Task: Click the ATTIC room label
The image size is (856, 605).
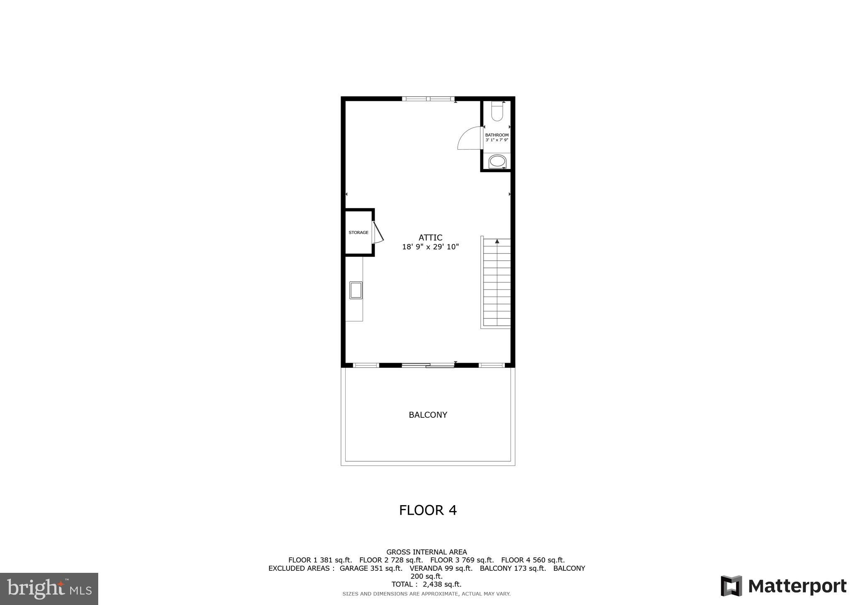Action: (430, 238)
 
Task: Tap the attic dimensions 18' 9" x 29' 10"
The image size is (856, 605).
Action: (430, 247)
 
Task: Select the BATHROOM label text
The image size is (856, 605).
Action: (497, 135)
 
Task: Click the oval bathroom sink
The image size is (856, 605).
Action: (497, 161)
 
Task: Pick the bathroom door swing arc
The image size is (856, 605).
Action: (469, 138)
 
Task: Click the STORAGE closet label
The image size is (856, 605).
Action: (359, 232)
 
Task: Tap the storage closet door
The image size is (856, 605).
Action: (377, 233)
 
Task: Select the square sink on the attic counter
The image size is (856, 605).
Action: (356, 290)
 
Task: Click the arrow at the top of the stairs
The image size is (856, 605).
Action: (497, 241)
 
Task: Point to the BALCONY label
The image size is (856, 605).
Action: (428, 415)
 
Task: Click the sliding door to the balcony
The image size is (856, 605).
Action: (428, 366)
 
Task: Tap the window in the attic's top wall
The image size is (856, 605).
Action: (428, 99)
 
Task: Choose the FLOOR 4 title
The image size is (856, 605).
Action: (428, 510)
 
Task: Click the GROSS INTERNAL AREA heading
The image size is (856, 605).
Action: (426, 552)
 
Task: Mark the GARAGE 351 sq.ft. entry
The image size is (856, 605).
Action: (371, 568)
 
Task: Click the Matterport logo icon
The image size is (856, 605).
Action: (731, 586)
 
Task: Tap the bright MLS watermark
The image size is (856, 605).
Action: (49, 589)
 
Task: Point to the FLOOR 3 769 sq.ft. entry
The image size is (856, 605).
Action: (462, 560)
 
